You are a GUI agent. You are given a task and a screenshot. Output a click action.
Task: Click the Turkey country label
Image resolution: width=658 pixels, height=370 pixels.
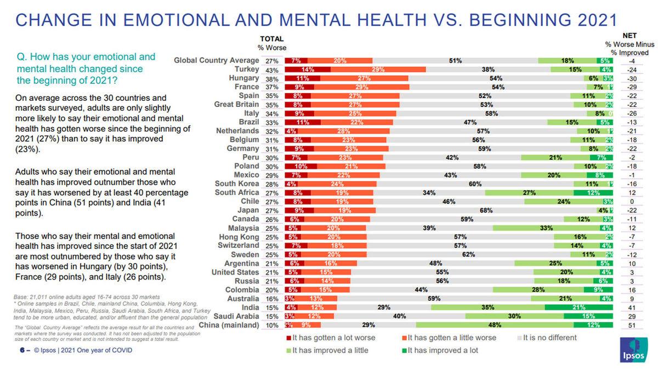coord(247,70)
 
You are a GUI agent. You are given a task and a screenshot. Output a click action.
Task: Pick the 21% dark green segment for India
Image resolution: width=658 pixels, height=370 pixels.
coord(578,308)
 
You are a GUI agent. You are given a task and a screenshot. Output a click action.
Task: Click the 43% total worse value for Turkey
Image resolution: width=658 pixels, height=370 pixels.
coord(272,70)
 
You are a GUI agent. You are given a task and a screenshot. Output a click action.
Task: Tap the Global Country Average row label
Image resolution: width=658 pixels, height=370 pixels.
coord(217,60)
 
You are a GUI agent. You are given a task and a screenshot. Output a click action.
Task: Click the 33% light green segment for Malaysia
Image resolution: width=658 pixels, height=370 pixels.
coord(546,227)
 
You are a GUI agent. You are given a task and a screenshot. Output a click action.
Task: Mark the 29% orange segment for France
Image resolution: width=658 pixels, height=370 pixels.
coord(361,87)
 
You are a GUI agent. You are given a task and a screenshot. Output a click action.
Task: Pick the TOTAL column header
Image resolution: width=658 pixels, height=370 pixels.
coord(271,39)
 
